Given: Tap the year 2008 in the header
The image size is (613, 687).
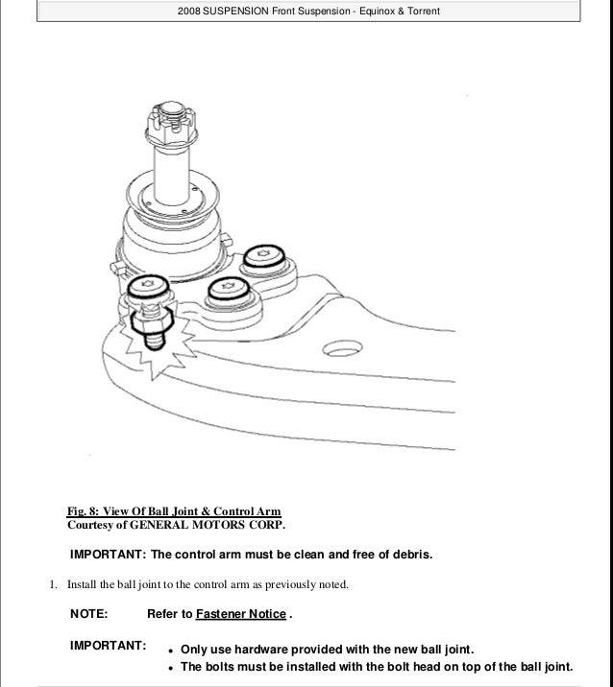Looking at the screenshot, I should click(x=193, y=12).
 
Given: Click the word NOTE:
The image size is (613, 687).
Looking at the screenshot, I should click(x=89, y=613).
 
